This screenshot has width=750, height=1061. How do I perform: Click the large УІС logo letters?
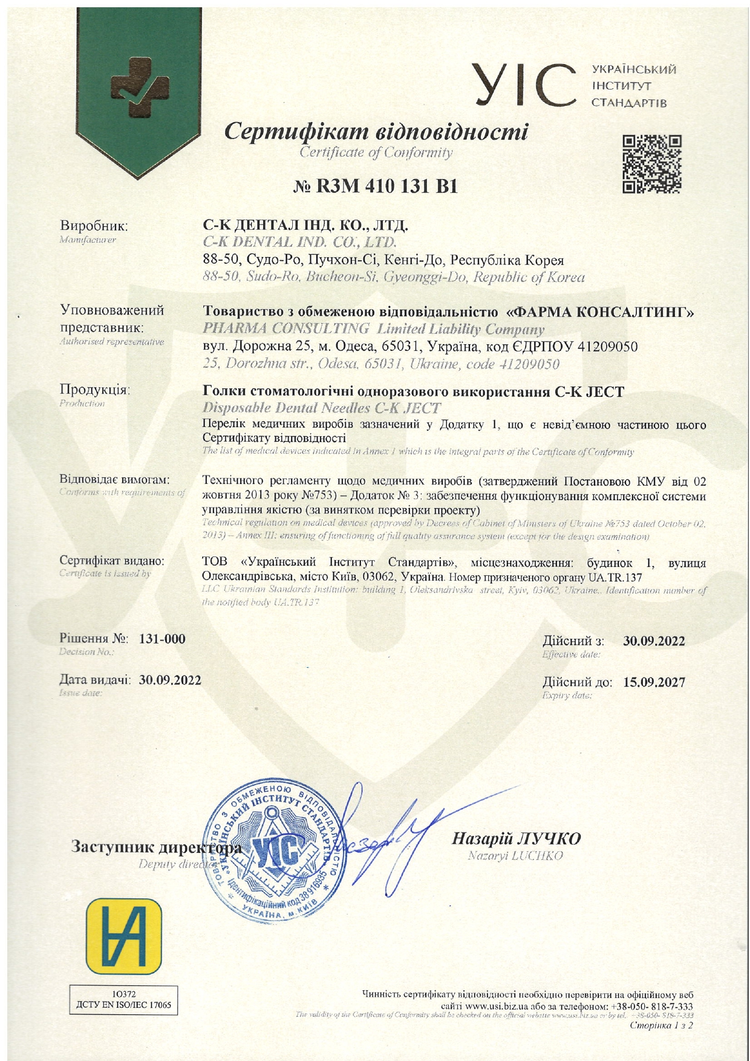pos(524,85)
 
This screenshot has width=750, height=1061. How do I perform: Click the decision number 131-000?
pos(162,639)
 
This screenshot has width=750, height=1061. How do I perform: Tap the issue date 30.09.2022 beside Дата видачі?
pos(170,679)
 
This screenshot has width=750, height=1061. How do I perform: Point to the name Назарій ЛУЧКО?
pos(516,838)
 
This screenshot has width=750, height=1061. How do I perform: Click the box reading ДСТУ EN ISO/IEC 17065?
pos(124,1005)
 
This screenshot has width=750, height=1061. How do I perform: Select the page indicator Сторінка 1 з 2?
pos(661,1025)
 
